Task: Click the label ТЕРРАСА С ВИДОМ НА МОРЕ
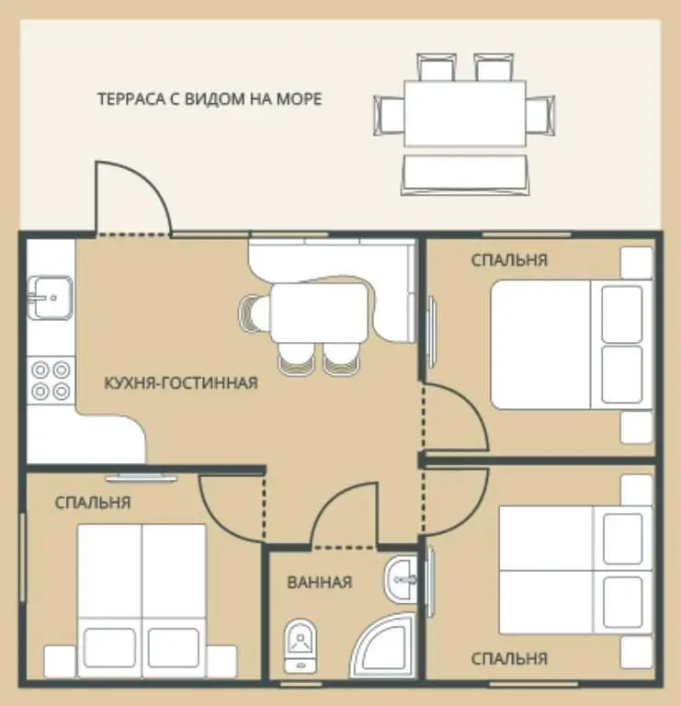[210, 99]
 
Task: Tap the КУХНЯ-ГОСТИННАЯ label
[181, 383]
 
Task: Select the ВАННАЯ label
[320, 583]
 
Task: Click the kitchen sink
[50, 298]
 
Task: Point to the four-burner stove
[51, 381]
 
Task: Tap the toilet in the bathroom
[301, 646]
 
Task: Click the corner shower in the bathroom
[385, 646]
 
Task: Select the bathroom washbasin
[401, 579]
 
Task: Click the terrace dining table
[465, 113]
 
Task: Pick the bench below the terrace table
[465, 176]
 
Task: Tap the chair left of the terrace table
[390, 115]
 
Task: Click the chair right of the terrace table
[540, 115]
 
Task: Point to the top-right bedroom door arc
[472, 405]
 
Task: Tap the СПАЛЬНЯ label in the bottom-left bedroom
[93, 503]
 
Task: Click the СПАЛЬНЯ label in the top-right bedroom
[509, 260]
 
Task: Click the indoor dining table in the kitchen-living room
[319, 312]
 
